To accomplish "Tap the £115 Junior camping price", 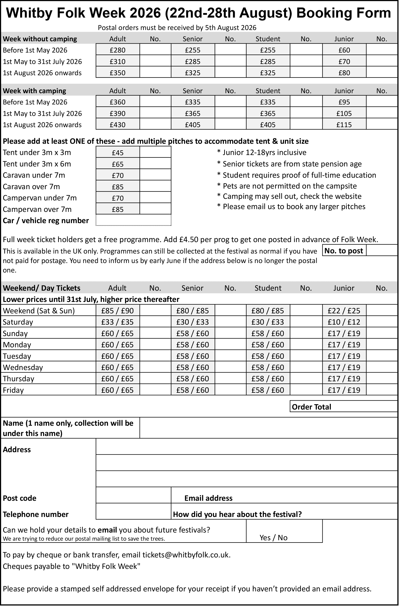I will pyautogui.click(x=344, y=125).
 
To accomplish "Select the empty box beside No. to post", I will pyautogui.click(x=381, y=251).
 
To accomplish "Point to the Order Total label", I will pyautogui.click(x=311, y=407).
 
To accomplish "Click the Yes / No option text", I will pyautogui.click(x=273, y=537).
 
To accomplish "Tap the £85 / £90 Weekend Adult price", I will pyautogui.click(x=117, y=311).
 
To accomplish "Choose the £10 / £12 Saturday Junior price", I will pyautogui.click(x=344, y=322).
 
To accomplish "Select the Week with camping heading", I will pyautogui.click(x=34, y=91).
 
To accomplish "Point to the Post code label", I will pyautogui.click(x=20, y=498).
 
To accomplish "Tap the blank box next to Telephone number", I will pyautogui.click(x=133, y=511).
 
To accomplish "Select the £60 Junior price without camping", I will pyautogui.click(x=344, y=50).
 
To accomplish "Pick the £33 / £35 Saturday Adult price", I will pyautogui.click(x=117, y=322).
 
